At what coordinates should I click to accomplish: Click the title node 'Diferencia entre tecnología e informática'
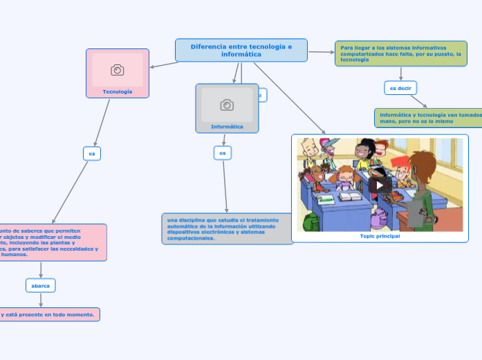[x=241, y=50]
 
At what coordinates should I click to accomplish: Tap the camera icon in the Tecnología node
[x=118, y=70]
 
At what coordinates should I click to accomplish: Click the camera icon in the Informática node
[x=227, y=105]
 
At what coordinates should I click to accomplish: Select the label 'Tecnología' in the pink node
[x=118, y=91]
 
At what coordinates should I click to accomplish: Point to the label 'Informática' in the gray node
[x=227, y=127]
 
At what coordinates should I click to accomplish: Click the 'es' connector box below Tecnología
[x=91, y=153]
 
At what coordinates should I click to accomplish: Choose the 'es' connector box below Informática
[x=222, y=152]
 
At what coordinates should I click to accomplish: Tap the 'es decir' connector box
[x=400, y=88]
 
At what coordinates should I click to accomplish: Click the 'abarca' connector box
[x=41, y=285]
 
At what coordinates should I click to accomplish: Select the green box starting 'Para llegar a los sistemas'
[x=401, y=53]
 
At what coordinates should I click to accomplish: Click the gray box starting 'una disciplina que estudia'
[x=228, y=228]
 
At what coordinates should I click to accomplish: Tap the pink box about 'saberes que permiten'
[x=52, y=242]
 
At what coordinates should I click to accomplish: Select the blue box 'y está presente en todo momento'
[x=48, y=314]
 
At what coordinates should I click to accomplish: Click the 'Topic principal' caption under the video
[x=380, y=236]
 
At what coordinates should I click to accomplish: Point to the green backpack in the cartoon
[x=311, y=222]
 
